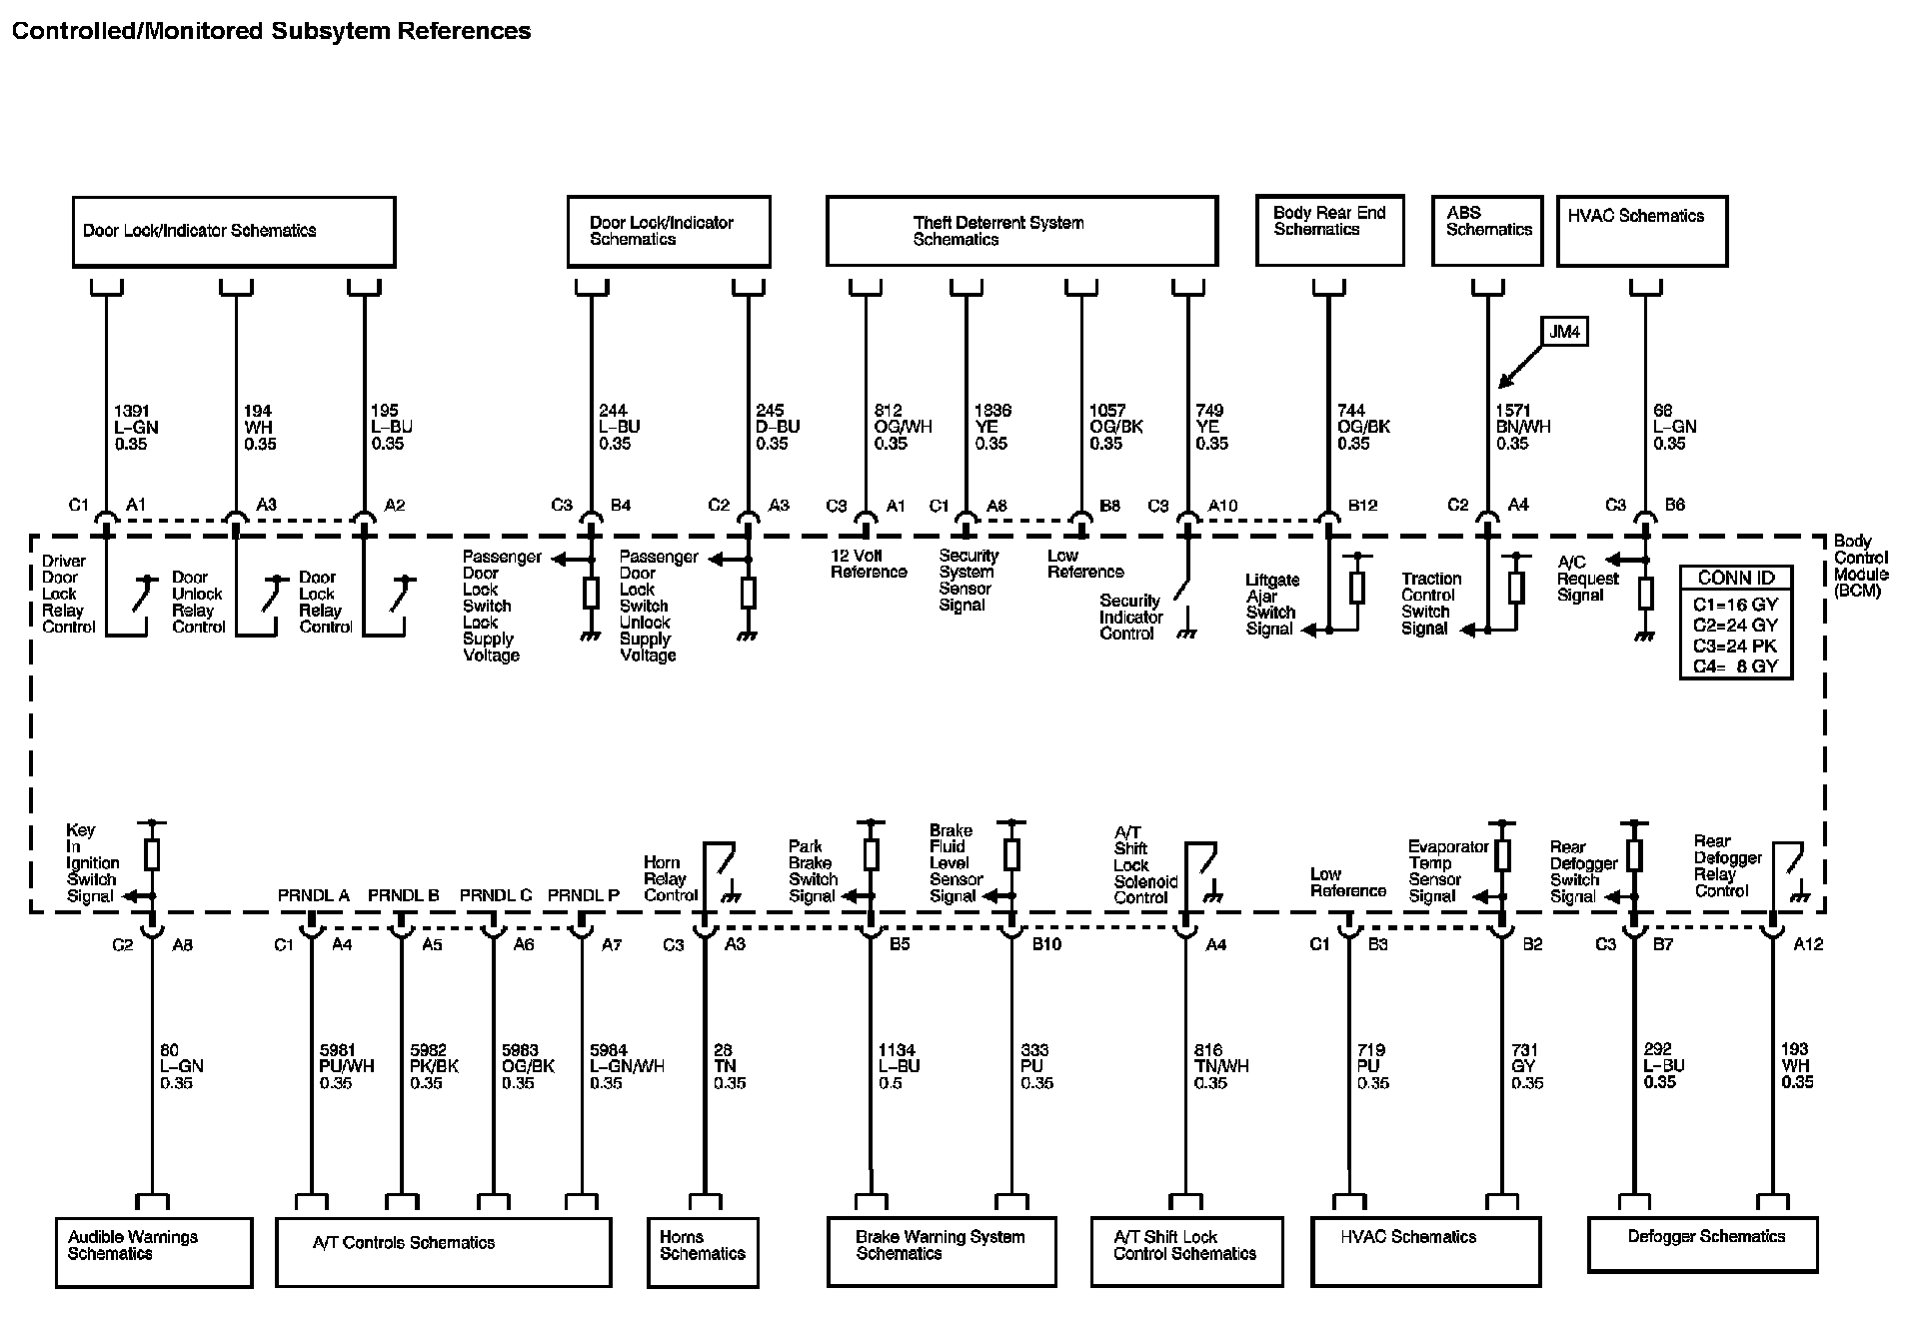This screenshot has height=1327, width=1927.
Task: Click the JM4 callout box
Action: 1565,332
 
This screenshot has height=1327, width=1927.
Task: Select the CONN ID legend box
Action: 1735,623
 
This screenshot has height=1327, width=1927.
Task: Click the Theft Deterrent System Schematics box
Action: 1021,231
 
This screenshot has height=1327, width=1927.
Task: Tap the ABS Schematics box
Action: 1487,231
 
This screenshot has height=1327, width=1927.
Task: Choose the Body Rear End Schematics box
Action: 1329,231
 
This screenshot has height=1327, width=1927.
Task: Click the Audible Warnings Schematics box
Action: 154,1251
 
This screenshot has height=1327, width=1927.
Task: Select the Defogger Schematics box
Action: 1702,1244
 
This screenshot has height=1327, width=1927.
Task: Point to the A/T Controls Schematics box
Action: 443,1251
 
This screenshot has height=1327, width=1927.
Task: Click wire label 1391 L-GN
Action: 136,427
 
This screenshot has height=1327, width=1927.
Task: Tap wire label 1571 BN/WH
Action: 1522,427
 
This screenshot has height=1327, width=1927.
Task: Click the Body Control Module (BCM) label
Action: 1860,566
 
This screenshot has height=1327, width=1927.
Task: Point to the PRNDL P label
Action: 583,895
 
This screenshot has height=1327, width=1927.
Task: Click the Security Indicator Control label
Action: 1130,617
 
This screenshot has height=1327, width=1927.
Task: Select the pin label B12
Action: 1362,506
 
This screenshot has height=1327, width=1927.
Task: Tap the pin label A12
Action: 1807,944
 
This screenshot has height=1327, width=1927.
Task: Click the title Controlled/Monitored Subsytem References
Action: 271,31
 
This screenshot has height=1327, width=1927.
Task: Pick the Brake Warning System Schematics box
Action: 942,1251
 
